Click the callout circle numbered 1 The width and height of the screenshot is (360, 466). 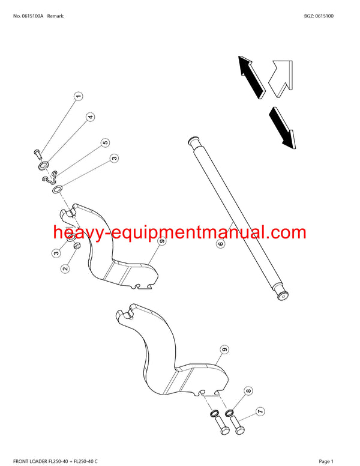coord(78,96)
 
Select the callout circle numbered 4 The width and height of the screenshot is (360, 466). coord(90,117)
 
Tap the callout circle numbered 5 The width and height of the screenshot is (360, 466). coord(105,143)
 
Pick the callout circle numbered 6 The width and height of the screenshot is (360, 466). coord(220,244)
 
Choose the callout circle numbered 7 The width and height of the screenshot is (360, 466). coord(260,411)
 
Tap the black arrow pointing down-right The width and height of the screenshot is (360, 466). coord(280,126)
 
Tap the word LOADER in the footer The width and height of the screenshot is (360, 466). coord(43,461)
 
